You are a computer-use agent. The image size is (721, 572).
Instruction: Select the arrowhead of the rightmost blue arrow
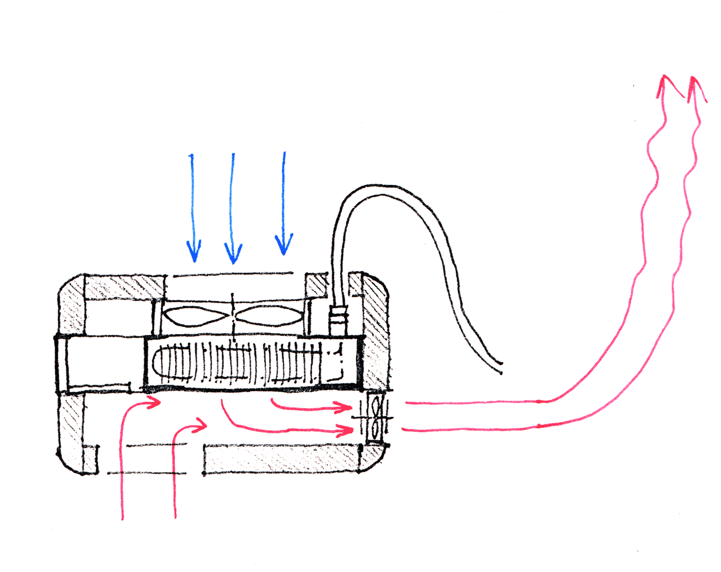pyautogui.click(x=283, y=247)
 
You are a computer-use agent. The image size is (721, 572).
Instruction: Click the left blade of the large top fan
pyautogui.click(x=197, y=316)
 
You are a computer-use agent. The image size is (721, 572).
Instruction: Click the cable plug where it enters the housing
pyautogui.click(x=338, y=318)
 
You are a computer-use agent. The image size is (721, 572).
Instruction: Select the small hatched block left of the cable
pyautogui.click(x=316, y=285)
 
